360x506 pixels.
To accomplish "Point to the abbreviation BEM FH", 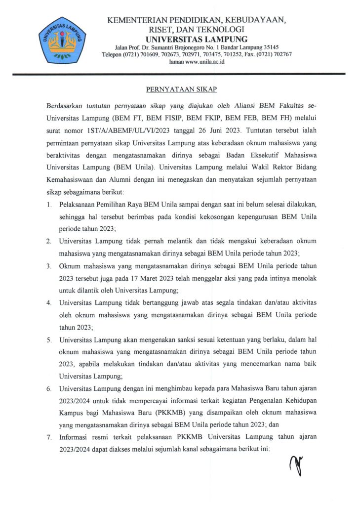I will point(287,120).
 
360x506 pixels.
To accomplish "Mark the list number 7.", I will point(49,437).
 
